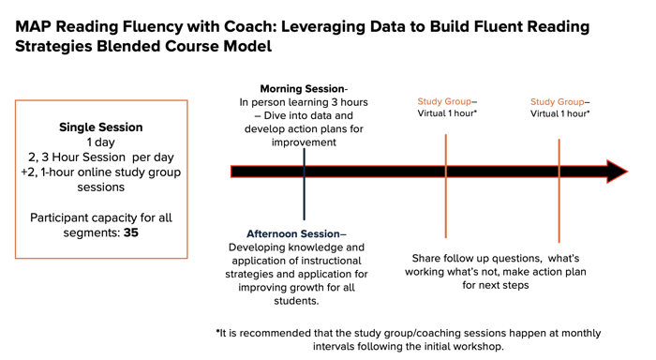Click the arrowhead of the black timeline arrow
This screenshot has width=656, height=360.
(617, 172)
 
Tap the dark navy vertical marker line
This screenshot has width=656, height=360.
(304, 202)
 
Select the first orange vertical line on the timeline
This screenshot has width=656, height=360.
(446, 206)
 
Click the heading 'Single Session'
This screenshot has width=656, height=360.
(101, 127)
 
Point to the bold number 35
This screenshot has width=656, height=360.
(130, 232)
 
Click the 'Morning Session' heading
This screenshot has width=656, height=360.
(301, 89)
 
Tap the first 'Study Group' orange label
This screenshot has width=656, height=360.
(444, 101)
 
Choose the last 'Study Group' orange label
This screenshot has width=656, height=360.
(557, 101)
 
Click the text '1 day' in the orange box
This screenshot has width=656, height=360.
(101, 142)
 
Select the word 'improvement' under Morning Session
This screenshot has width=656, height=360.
(304, 142)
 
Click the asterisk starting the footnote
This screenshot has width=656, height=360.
(218, 333)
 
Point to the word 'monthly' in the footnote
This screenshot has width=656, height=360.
(577, 333)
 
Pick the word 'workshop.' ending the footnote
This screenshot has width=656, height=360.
(477, 347)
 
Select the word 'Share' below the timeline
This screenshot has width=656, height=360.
(428, 258)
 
